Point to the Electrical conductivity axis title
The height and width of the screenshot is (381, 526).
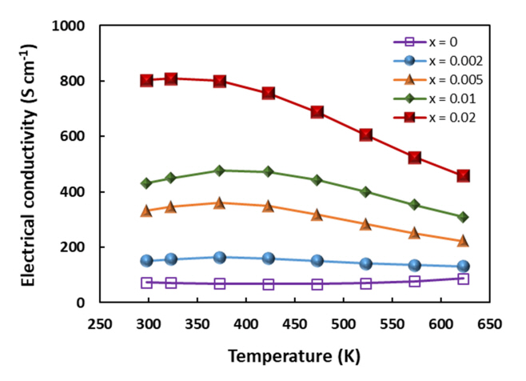(29, 164)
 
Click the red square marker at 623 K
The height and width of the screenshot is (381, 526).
(463, 175)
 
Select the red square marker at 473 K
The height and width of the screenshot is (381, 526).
(317, 112)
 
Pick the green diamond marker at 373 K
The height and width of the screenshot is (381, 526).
(219, 170)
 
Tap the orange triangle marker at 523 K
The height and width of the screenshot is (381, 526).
(365, 224)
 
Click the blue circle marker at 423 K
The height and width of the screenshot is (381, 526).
(269, 259)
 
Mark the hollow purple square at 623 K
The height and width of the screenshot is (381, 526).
(463, 279)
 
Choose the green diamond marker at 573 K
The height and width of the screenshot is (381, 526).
(414, 205)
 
